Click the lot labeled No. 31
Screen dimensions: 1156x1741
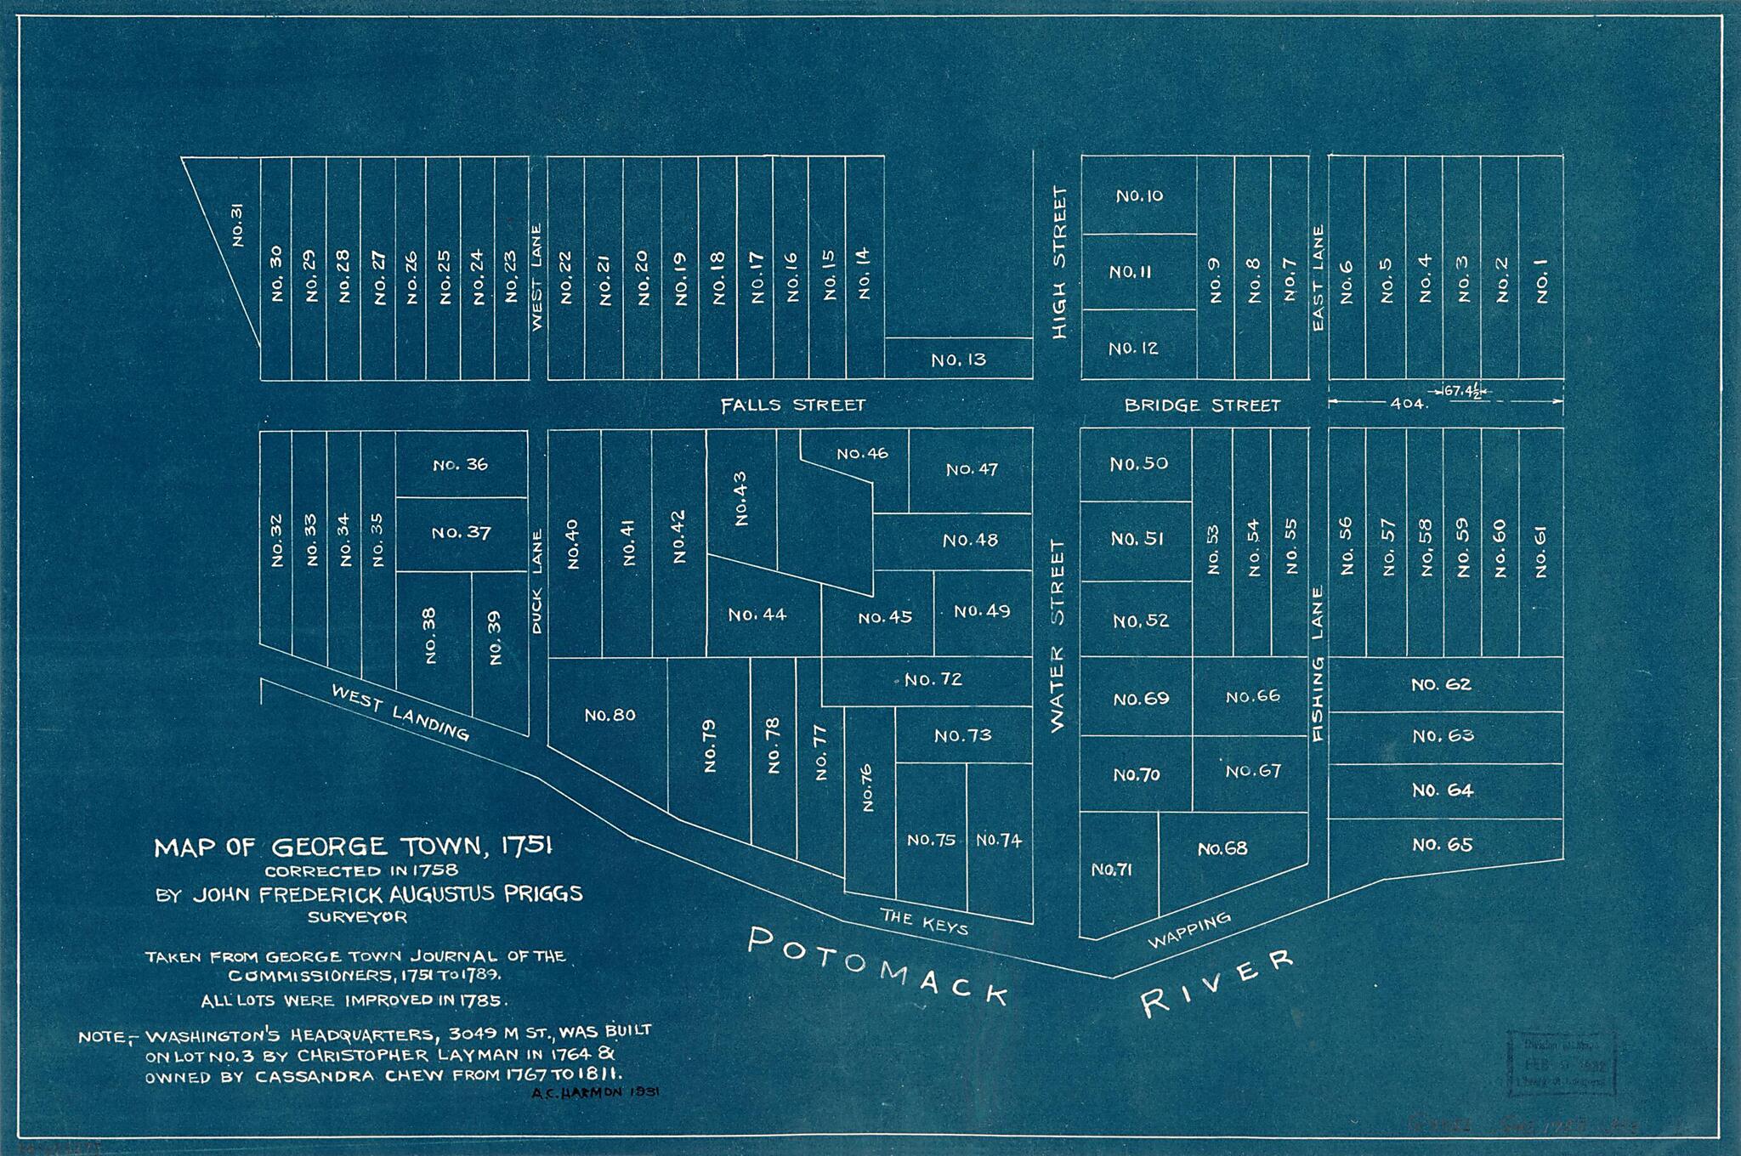coord(238,225)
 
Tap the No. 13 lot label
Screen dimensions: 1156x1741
coord(958,360)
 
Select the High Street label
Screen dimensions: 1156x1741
coord(1058,263)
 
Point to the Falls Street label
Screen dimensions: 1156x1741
coord(792,405)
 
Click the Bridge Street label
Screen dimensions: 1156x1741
coord(1201,405)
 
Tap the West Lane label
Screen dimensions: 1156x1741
coord(536,277)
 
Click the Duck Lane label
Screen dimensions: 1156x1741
coord(536,581)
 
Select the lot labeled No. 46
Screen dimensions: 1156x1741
coord(862,453)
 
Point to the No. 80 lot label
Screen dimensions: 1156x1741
coord(610,715)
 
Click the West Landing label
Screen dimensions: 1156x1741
coord(400,712)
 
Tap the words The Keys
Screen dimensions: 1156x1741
coord(924,921)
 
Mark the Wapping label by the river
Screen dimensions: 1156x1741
coord(1188,931)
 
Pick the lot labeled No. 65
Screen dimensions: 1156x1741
coord(1442,844)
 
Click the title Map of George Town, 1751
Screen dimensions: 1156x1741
coord(354,847)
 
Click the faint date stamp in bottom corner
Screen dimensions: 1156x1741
coord(1560,1062)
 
